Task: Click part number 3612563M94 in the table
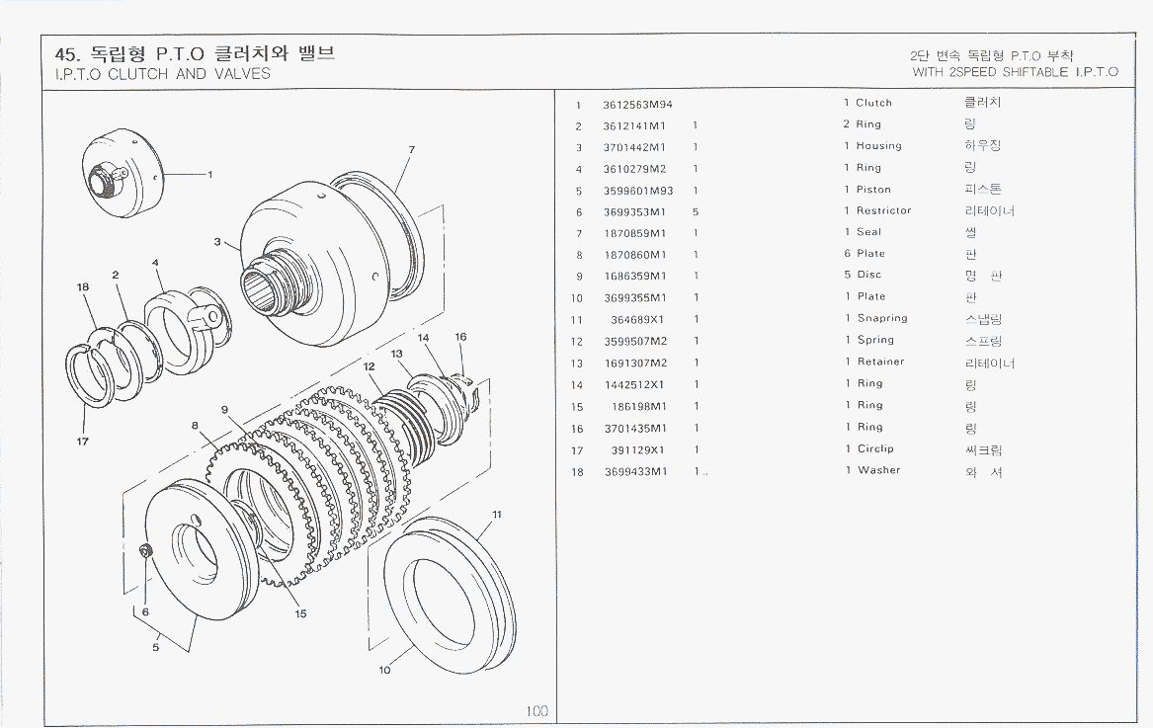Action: tap(637, 104)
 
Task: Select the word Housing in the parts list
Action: tap(878, 146)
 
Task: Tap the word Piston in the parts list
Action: tap(873, 190)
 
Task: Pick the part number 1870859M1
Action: tap(634, 233)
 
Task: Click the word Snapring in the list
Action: tap(881, 318)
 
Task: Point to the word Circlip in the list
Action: tap(875, 448)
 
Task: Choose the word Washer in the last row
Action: tap(878, 470)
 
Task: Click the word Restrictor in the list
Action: tap(883, 210)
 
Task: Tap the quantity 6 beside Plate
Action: tap(847, 254)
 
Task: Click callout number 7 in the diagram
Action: tap(411, 150)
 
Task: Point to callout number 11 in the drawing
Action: tap(497, 514)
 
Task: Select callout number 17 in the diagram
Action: tap(83, 442)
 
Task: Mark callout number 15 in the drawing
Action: tap(300, 613)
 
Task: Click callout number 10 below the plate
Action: tap(384, 670)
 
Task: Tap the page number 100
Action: tap(536, 710)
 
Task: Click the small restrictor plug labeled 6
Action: tap(145, 551)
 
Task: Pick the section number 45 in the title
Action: tap(66, 53)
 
